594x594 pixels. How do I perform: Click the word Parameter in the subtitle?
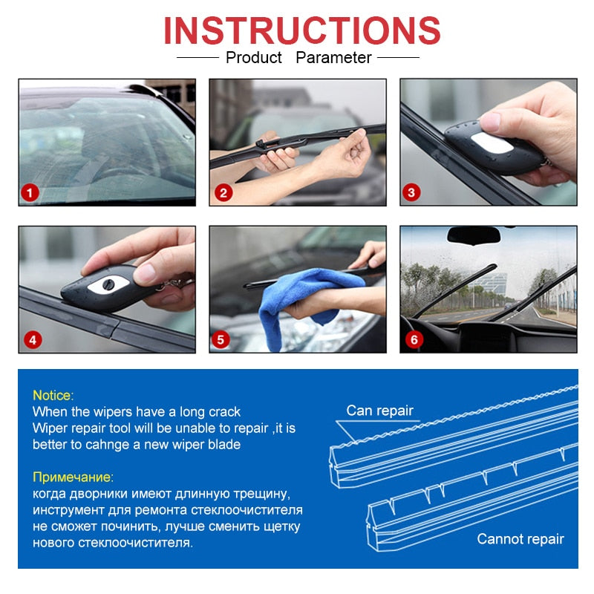(x=333, y=58)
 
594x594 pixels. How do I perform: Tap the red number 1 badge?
(x=30, y=194)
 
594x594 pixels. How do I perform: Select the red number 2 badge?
(x=223, y=194)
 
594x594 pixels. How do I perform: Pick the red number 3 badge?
(x=413, y=193)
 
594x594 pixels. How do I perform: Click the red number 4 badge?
(x=31, y=341)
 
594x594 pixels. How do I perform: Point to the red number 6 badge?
(x=414, y=340)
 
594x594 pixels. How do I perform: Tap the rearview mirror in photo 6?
(x=472, y=235)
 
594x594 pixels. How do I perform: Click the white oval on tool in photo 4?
(x=106, y=284)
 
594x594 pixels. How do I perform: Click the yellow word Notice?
(x=53, y=396)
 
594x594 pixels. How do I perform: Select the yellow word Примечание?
(x=73, y=477)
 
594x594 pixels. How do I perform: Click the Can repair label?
(x=379, y=411)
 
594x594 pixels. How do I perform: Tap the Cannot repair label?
(x=520, y=539)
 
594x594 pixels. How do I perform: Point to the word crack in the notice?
(x=223, y=411)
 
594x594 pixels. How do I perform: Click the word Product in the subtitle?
(x=254, y=58)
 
